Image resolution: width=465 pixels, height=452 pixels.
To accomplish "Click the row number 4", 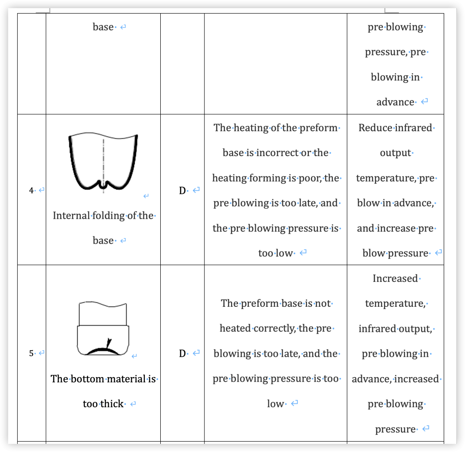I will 31,191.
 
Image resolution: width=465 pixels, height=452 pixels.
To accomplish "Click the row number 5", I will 31,353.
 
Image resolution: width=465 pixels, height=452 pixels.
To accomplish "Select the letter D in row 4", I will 182,191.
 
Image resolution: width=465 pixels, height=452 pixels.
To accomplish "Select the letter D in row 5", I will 182,353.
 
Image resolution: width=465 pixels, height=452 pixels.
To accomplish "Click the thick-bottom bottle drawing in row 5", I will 103,329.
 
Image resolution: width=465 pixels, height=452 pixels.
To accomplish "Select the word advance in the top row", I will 395,102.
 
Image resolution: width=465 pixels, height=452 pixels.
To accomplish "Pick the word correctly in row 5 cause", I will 274,328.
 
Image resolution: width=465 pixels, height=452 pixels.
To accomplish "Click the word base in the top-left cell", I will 103,27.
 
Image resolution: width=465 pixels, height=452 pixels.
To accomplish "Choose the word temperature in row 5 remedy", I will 395,303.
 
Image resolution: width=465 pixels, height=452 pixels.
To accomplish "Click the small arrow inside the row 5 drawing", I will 108,343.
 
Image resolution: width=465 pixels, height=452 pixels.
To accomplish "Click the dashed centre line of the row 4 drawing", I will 104,163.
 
